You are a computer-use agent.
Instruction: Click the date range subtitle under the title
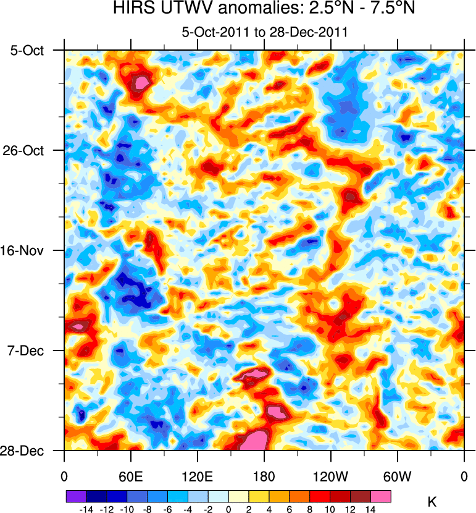tap(264, 32)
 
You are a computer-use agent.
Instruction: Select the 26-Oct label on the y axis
tap(28, 151)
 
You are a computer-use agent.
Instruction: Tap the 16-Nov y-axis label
tap(28, 251)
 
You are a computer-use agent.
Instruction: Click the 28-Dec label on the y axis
tap(28, 451)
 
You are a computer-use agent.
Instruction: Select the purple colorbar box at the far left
tap(75, 496)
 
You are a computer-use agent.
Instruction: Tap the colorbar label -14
tap(86, 508)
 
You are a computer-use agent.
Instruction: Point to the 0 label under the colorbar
tap(228, 508)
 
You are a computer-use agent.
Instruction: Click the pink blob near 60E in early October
tap(143, 81)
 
